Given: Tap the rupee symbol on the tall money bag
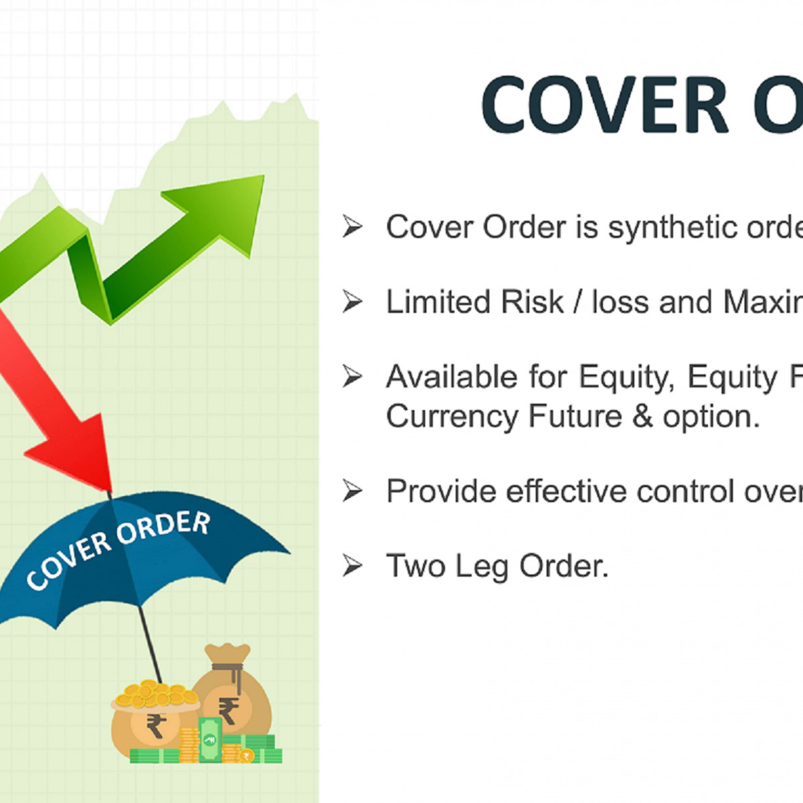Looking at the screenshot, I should [229, 710].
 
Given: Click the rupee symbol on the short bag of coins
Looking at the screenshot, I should [156, 725].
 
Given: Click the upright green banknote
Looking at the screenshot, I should [210, 739].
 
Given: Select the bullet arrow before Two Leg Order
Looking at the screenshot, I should [352, 566].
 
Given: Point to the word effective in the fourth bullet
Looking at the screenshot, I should [566, 491].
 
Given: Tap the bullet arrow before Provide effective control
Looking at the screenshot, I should [352, 491].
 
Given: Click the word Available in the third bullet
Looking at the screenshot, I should [452, 377].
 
